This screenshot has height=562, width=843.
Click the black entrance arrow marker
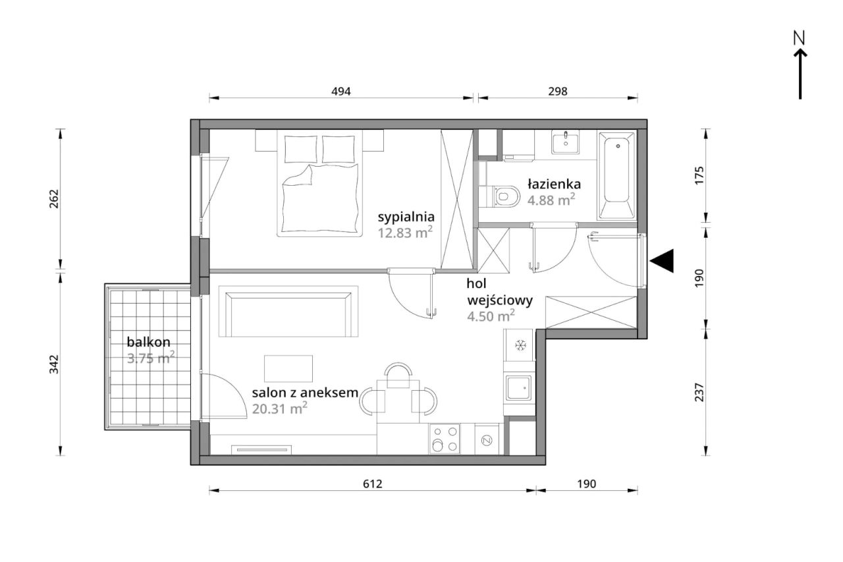click(662, 260)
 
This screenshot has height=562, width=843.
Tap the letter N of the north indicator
click(800, 38)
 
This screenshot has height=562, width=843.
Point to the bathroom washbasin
click(566, 142)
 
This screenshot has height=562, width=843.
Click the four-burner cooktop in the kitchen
click(445, 439)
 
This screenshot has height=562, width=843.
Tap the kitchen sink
click(519, 388)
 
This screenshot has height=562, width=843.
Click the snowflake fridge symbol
click(520, 345)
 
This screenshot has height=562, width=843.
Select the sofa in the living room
click(288, 311)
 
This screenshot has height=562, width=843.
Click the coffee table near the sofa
click(288, 368)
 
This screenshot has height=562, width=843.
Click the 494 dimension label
click(341, 91)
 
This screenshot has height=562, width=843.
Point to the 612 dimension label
click(373, 484)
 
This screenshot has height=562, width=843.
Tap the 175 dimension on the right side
click(699, 175)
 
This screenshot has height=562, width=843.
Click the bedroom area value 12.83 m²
click(405, 233)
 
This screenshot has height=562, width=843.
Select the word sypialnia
click(406, 217)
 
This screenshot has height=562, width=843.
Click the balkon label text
click(149, 342)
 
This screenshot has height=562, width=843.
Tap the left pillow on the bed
click(301, 149)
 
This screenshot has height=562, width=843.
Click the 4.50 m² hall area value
click(491, 316)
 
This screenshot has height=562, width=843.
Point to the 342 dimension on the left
click(54, 364)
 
